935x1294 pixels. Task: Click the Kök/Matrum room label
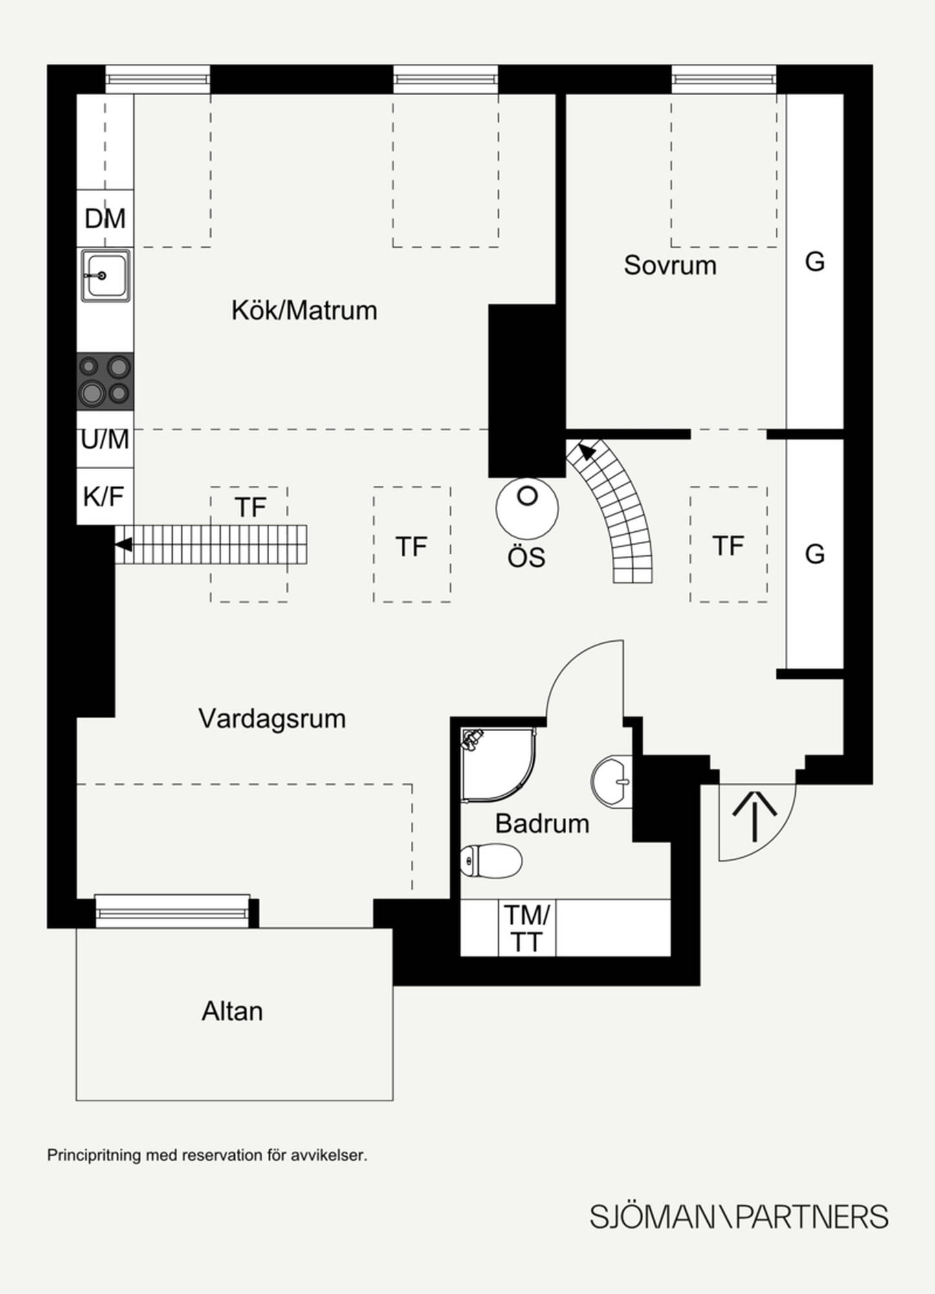(304, 311)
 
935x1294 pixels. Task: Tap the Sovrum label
(670, 265)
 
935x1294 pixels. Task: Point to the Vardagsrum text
(272, 719)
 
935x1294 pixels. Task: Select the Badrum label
(542, 824)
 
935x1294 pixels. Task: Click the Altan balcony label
(232, 1011)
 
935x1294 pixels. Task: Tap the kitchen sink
(105, 276)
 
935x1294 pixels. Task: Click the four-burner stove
(105, 381)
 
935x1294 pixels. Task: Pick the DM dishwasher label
(105, 219)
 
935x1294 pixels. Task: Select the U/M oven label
(105, 439)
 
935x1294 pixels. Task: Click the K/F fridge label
(104, 496)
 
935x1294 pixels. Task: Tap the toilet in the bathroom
(491, 861)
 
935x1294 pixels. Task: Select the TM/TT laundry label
(527, 928)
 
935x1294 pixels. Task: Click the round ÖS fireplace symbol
(527, 508)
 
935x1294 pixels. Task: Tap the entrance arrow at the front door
(754, 815)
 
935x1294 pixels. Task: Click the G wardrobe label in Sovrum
(815, 262)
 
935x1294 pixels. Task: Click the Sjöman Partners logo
(739, 1217)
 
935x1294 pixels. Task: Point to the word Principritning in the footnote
(94, 1156)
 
